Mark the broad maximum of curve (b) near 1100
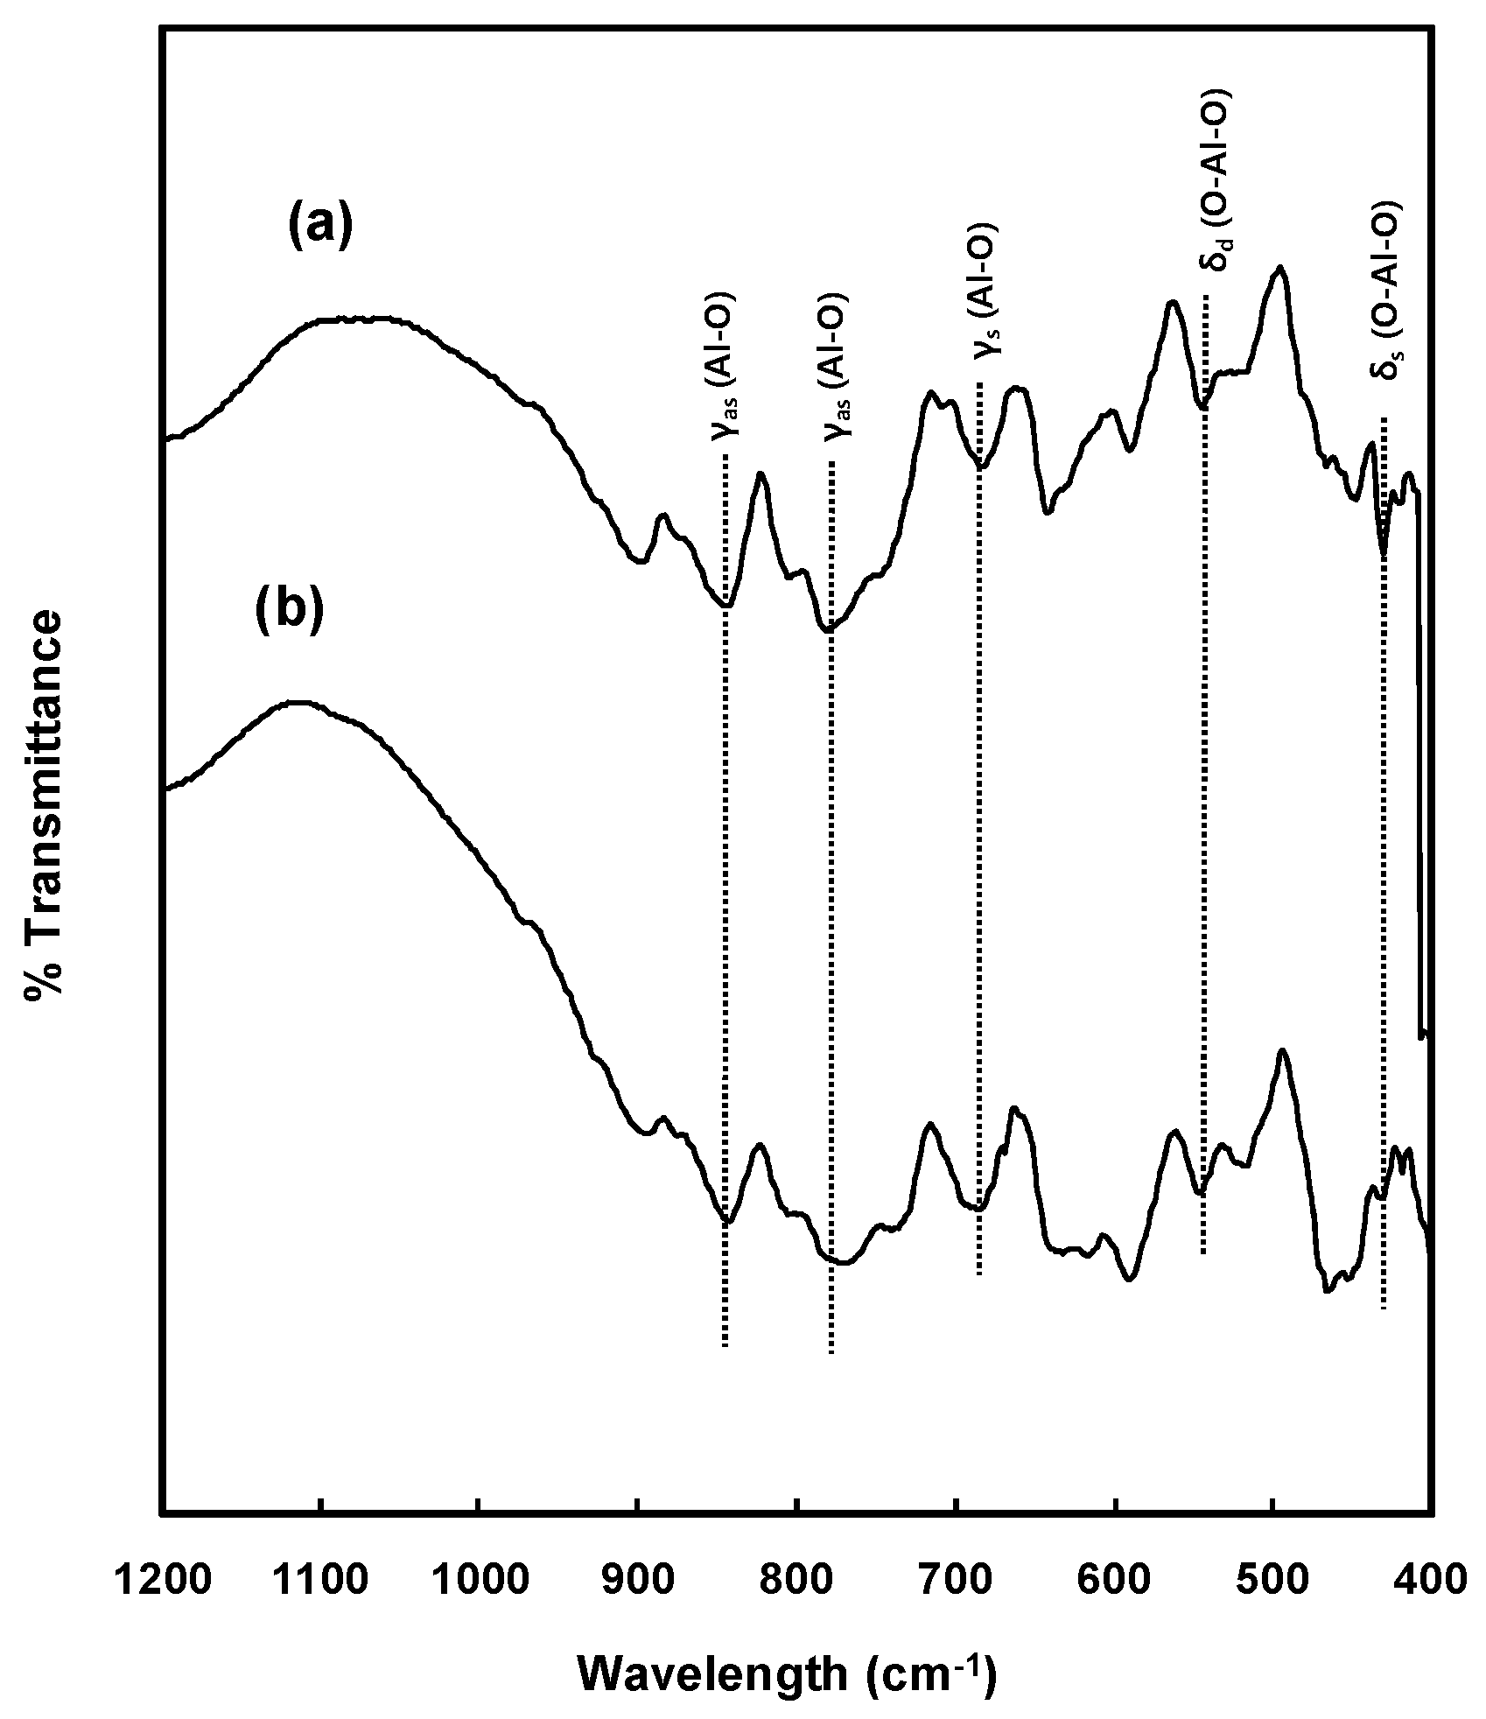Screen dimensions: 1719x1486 point(298,702)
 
